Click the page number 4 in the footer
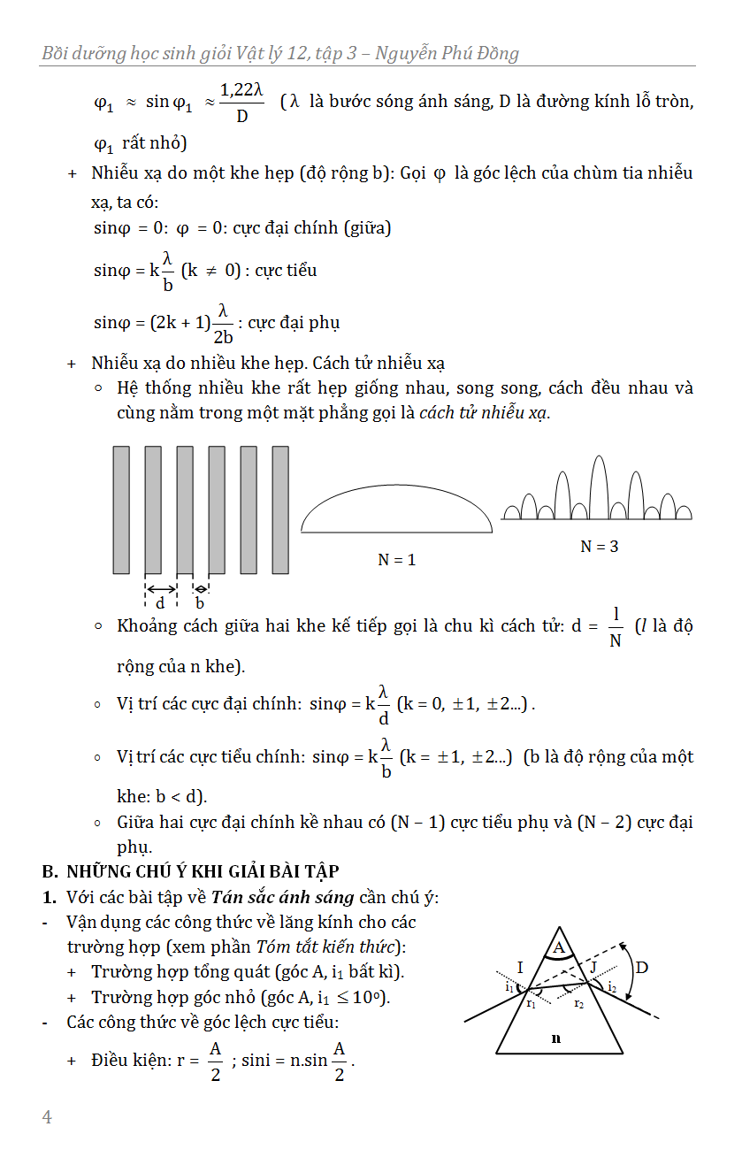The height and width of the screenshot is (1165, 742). (x=47, y=1117)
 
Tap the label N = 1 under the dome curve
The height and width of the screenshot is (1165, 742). (x=396, y=559)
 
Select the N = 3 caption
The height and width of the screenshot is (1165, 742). (x=599, y=547)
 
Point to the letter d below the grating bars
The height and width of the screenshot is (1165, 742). (x=160, y=603)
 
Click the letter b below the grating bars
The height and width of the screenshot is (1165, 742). (x=200, y=603)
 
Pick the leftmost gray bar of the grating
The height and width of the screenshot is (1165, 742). (x=121, y=510)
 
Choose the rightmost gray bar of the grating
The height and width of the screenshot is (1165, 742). (x=280, y=510)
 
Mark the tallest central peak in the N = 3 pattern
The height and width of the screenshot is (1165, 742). (x=599, y=487)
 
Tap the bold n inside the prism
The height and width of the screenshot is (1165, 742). (x=555, y=1039)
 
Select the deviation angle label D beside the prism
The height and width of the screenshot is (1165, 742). (x=642, y=968)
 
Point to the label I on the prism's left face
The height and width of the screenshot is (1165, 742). (x=519, y=966)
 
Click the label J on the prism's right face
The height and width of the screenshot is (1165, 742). (x=593, y=966)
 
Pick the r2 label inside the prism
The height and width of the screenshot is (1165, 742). (x=578, y=1004)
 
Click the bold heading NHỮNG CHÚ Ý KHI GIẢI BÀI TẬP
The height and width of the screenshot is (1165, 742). (x=203, y=872)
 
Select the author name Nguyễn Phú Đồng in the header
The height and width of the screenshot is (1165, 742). (x=447, y=53)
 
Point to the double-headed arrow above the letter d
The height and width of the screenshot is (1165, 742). (x=161, y=588)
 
